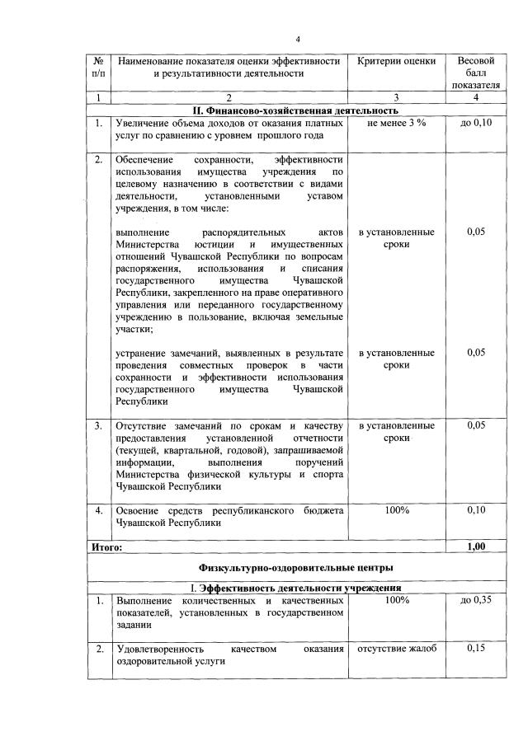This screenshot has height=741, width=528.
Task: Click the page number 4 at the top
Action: coord(298,40)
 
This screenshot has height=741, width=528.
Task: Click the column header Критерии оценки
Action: coord(397,62)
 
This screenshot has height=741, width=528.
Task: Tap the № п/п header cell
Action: coord(98,68)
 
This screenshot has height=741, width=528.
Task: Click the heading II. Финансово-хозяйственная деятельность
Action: coord(295,110)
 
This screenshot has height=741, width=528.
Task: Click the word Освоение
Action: coord(139,511)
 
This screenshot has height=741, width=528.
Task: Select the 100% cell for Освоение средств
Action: coord(397,511)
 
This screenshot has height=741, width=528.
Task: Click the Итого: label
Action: coord(106,546)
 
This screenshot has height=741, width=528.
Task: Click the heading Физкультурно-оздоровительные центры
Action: coord(295,567)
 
